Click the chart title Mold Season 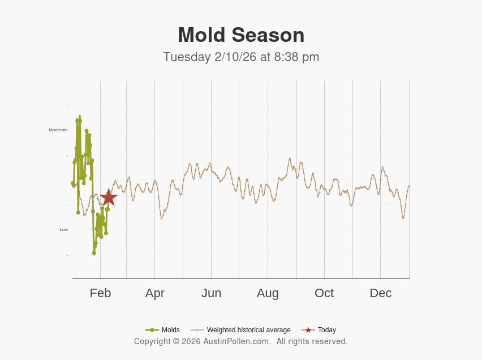tap(241, 35)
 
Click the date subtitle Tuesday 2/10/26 tap(209, 57)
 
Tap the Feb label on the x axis tap(100, 293)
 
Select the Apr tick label tap(154, 293)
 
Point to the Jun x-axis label tap(211, 293)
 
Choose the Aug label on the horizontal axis tap(268, 293)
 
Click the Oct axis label tap(324, 293)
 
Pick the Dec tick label tap(380, 293)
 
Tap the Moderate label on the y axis tap(58, 130)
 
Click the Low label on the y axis tap(64, 229)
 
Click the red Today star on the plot tap(108, 198)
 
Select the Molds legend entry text tap(171, 330)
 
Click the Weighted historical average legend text tap(248, 330)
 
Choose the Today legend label tap(327, 330)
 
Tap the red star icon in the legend tap(308, 330)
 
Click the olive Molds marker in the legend tap(152, 330)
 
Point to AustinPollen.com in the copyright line tap(237, 341)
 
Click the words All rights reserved tap(312, 341)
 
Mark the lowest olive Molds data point tap(94, 253)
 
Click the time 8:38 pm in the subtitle tap(297, 57)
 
